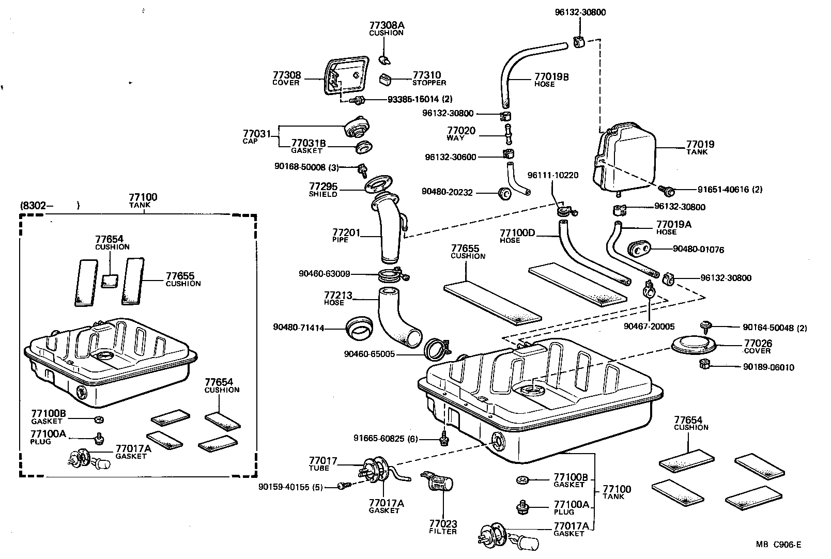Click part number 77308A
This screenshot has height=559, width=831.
tap(387, 25)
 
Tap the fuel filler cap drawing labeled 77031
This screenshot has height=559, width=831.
tap(357, 126)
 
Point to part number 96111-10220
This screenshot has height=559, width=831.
tap(553, 175)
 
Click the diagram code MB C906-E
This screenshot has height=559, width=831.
tap(779, 544)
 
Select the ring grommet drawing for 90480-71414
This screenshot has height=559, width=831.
tap(360, 329)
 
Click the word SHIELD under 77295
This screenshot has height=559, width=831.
tap(323, 194)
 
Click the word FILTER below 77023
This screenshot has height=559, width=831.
tap(443, 531)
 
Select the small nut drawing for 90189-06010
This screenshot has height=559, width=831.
tap(703, 366)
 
